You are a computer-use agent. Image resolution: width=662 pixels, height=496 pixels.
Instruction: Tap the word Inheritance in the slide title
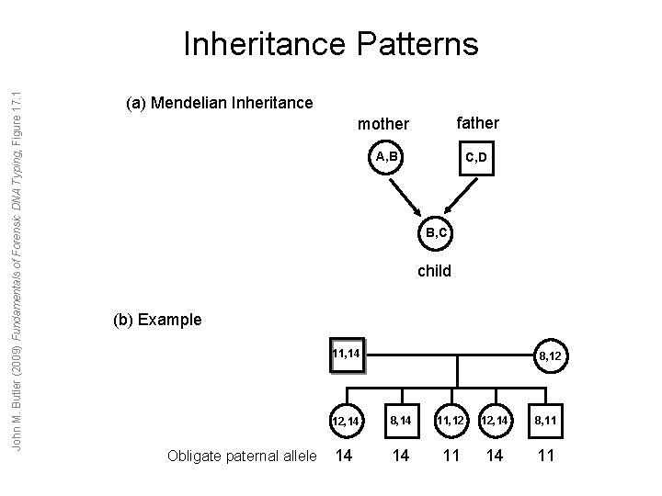coord(261,44)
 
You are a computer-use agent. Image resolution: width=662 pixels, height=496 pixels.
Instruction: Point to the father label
coord(477,122)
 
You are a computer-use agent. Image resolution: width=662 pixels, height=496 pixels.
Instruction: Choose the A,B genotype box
coord(386,157)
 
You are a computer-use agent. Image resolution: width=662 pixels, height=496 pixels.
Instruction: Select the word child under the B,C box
coord(434,271)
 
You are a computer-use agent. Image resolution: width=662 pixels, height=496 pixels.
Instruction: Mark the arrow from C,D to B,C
coord(459,196)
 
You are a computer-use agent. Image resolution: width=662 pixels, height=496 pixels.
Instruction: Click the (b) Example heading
coord(156,321)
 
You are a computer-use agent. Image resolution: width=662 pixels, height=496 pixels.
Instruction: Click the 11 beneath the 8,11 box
coord(546,456)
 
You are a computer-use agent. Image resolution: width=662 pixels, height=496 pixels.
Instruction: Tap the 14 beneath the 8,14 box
coord(399,456)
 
